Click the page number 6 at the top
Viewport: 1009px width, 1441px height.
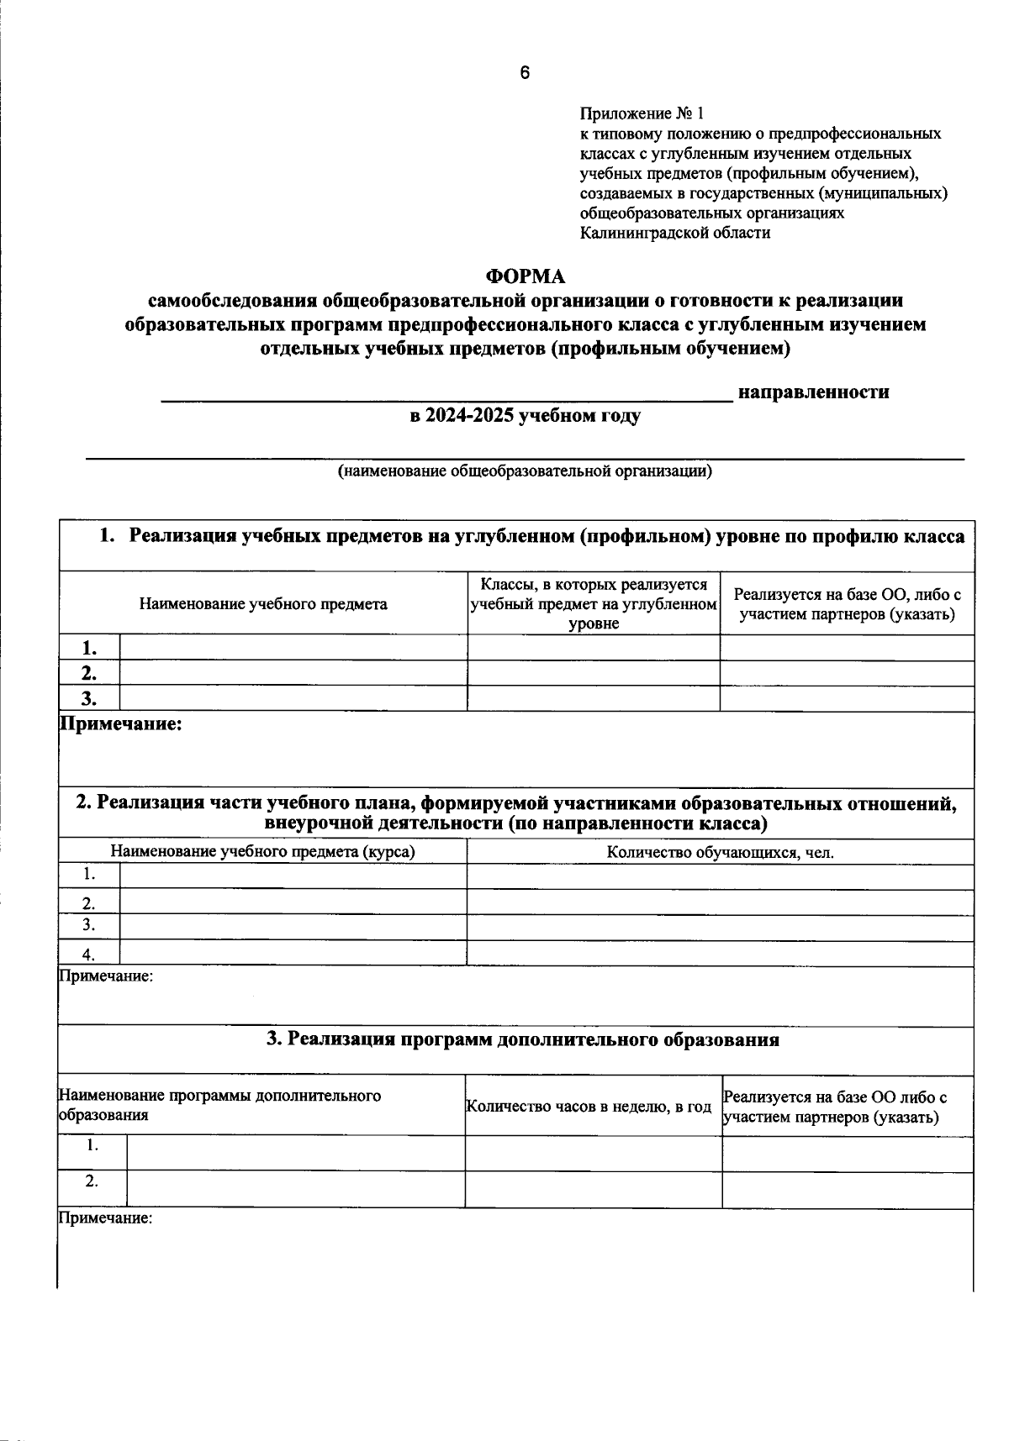pos(525,73)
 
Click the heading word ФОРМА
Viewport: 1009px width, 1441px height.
pos(526,276)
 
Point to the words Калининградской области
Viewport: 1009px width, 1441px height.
pos(674,234)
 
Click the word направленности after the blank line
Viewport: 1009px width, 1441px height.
pos(813,392)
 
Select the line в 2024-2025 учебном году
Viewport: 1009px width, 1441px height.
pos(525,416)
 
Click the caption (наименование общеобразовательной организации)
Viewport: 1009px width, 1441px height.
pos(525,471)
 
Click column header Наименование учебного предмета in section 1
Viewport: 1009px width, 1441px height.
pos(263,603)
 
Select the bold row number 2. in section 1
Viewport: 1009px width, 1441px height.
pos(89,673)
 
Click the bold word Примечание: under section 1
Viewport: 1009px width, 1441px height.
pos(120,724)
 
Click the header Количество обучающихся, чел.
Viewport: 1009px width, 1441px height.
pos(720,853)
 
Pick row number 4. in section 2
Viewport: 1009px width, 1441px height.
pos(89,954)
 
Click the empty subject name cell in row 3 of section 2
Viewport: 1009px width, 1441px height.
pos(293,927)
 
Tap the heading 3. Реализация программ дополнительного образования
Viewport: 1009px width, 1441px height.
pos(522,1040)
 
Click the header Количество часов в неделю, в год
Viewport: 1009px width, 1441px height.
pos(589,1107)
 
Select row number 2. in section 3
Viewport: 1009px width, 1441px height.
pos(92,1181)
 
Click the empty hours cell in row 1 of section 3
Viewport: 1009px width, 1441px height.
pos(593,1153)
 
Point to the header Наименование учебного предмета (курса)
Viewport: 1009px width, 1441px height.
pos(263,852)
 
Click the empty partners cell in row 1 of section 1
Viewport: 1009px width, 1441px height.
pos(846,648)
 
